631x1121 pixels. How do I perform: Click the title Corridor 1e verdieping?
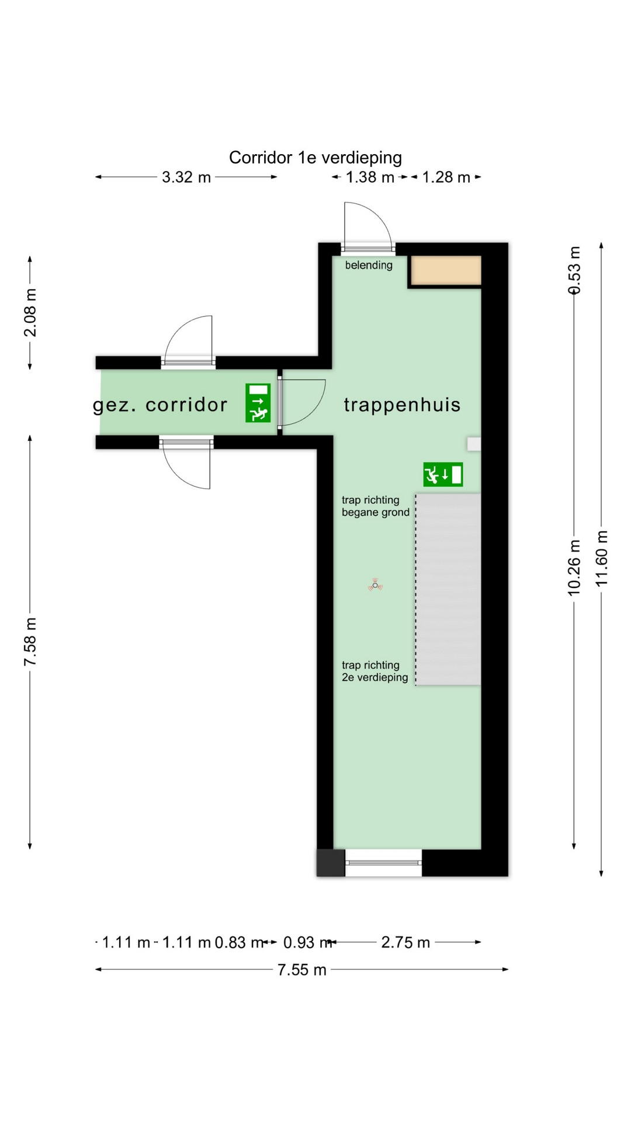[x=315, y=158]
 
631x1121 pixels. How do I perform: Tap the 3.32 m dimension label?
[x=186, y=177]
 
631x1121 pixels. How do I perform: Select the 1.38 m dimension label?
[x=370, y=177]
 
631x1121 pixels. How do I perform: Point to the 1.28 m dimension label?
[x=446, y=177]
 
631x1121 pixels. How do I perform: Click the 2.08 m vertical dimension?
[x=30, y=312]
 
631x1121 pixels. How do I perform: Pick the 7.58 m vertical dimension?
[x=30, y=642]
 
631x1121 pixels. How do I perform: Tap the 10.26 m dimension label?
[x=574, y=568]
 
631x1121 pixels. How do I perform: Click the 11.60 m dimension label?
[x=601, y=559]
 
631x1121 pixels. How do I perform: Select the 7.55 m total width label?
[x=301, y=970]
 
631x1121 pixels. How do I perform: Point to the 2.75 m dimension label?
[x=405, y=942]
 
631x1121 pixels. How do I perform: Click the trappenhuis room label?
[x=402, y=405]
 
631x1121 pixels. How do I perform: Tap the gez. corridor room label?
[x=160, y=405]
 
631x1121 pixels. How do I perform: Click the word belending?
[x=369, y=265]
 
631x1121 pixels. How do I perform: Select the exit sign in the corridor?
[x=258, y=403]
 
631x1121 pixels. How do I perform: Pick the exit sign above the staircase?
[x=443, y=475]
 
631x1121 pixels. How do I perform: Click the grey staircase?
[x=448, y=589]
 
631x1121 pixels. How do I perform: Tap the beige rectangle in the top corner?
[x=446, y=270]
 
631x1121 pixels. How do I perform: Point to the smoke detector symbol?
[x=375, y=585]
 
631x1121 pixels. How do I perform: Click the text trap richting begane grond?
[x=376, y=506]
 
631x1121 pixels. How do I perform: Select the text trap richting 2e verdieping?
[x=375, y=671]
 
